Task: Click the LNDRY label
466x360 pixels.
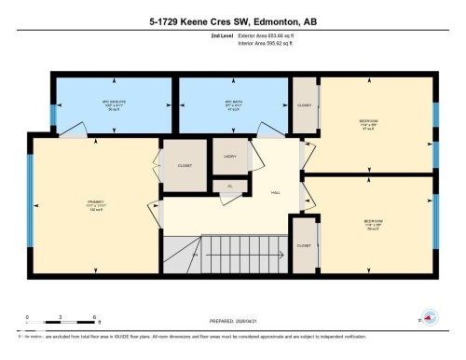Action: [x=230, y=157]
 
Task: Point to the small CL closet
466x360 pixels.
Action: [x=229, y=186]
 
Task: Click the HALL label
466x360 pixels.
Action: [x=276, y=193]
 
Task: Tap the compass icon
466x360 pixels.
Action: [x=428, y=316]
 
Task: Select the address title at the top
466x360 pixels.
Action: [x=233, y=18]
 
